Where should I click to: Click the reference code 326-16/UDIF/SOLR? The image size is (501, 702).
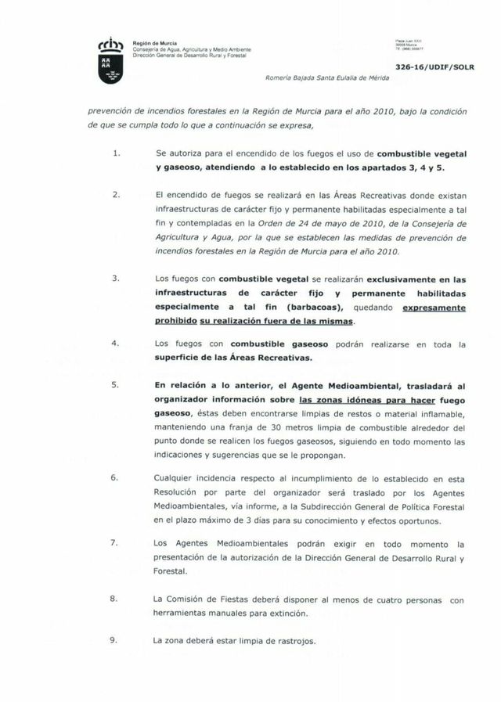434,68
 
